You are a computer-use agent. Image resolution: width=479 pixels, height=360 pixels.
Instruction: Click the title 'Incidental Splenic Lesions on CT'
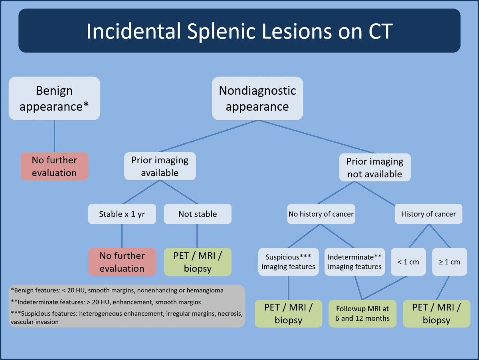point(239,31)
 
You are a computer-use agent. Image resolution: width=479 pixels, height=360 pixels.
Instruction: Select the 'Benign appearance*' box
point(54,98)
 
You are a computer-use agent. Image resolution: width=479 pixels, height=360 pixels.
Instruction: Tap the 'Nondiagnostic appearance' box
point(257,98)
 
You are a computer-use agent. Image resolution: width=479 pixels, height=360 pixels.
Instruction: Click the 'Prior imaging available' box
point(160,166)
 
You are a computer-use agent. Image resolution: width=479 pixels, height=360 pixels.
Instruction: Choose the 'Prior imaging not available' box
point(375,167)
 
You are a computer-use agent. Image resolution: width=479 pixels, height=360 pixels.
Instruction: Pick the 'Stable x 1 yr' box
point(122,214)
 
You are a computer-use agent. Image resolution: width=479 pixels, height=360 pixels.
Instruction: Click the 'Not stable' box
point(198,214)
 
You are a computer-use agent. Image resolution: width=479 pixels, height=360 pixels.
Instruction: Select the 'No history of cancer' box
point(321,214)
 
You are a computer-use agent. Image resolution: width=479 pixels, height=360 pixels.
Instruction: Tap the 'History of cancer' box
point(428,214)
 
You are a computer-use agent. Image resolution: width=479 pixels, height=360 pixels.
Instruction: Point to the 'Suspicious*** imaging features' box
point(288,262)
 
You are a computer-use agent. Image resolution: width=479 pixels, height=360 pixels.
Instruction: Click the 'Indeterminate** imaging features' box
point(355,262)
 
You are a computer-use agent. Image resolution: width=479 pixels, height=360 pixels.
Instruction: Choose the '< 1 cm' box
point(408,262)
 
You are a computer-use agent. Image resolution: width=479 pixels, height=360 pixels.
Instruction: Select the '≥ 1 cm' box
point(449,262)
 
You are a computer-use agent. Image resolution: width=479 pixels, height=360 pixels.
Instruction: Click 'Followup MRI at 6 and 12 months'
point(362,314)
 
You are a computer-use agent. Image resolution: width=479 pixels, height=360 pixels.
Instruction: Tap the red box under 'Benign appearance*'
point(54,166)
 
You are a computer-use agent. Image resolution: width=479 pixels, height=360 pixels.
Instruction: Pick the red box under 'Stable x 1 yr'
point(122,262)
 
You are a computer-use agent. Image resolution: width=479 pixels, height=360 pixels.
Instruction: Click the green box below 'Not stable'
point(198,262)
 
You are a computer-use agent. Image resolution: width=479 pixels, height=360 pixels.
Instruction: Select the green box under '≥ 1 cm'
point(436,314)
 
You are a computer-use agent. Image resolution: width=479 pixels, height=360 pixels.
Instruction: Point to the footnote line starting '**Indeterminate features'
point(106,302)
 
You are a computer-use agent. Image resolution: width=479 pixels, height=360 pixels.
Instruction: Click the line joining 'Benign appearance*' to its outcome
point(54,136)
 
